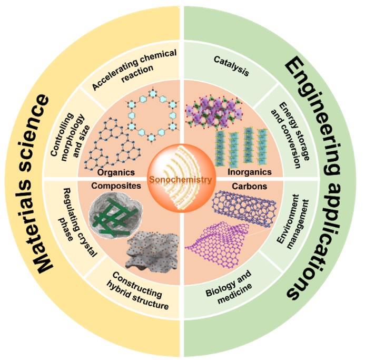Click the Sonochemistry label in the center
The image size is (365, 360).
click(x=182, y=180)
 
